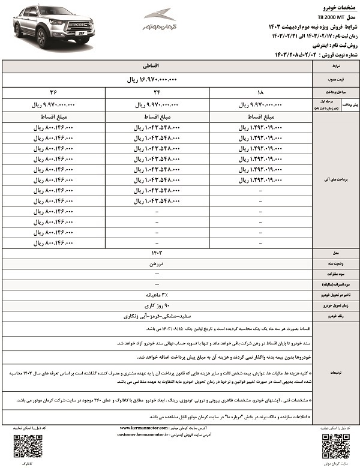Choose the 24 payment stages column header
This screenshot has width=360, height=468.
coord(157,93)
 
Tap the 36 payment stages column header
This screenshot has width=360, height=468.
coord(53,93)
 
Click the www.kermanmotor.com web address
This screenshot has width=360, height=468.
coord(148,427)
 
